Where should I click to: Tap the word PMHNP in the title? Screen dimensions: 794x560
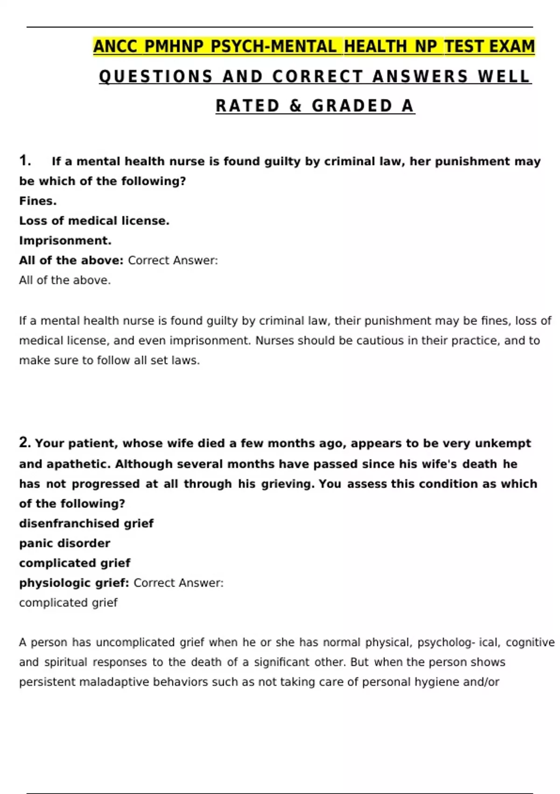click(x=174, y=47)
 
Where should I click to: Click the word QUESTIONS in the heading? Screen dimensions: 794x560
click(x=156, y=77)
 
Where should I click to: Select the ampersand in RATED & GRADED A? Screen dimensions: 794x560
click(x=296, y=106)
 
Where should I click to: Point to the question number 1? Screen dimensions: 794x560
click(x=25, y=161)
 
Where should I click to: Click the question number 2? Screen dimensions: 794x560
click(x=25, y=442)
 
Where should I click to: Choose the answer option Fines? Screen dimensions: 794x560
click(x=38, y=201)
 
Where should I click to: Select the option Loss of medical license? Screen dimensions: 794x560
click(x=94, y=221)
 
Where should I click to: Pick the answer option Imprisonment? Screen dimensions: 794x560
click(x=65, y=241)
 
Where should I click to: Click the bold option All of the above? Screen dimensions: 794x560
click(x=71, y=260)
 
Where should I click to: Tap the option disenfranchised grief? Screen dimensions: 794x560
click(x=86, y=523)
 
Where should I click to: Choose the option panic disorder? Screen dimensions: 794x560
click(x=64, y=543)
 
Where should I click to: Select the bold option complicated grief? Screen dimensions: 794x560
click(x=75, y=563)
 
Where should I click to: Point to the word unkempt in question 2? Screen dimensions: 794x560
click(x=503, y=443)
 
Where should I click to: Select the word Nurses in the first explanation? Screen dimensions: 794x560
click(x=275, y=340)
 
